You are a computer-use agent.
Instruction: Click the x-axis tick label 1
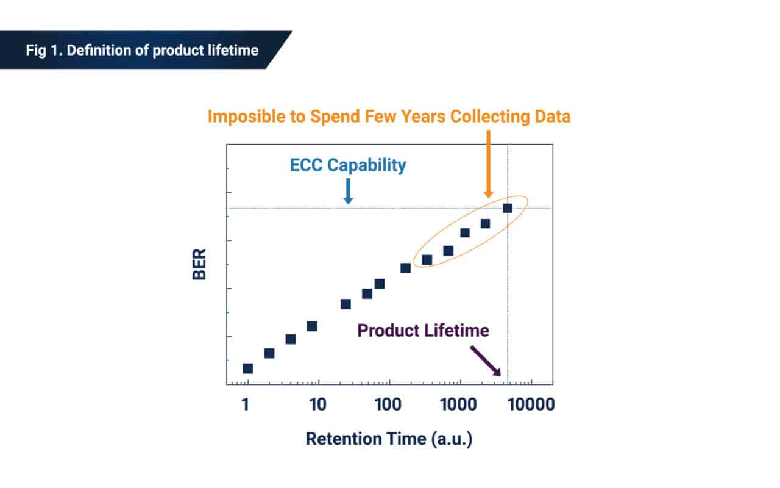tap(245, 404)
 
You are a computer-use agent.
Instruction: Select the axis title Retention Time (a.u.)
tap(389, 439)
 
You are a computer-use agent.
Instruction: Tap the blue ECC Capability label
tap(347, 165)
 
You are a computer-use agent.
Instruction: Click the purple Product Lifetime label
tap(423, 331)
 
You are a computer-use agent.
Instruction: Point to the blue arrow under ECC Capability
tap(348, 190)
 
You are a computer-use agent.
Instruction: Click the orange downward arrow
tap(489, 164)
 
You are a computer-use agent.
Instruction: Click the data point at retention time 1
tap(247, 368)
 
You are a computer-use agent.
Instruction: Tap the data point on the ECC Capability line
tap(507, 209)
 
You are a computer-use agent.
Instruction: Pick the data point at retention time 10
tap(311, 326)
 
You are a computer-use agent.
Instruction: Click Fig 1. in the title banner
tap(43, 50)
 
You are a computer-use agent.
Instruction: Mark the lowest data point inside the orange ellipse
tap(427, 260)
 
